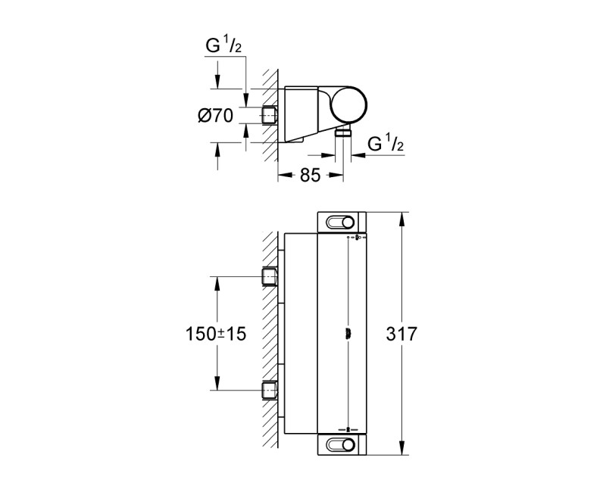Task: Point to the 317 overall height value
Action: pyautogui.click(x=418, y=333)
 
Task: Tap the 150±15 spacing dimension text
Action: pyautogui.click(x=218, y=333)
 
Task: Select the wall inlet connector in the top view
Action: pyautogui.click(x=269, y=116)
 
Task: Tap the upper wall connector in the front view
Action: pyautogui.click(x=269, y=277)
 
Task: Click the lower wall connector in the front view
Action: pyautogui.click(x=269, y=390)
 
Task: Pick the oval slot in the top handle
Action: pyautogui.click(x=340, y=223)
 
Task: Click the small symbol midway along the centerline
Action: pyautogui.click(x=348, y=332)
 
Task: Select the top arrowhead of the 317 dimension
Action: pyautogui.click(x=401, y=216)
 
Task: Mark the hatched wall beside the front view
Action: pyautogui.click(x=269, y=333)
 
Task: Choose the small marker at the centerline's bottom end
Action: pyautogui.click(x=348, y=428)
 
